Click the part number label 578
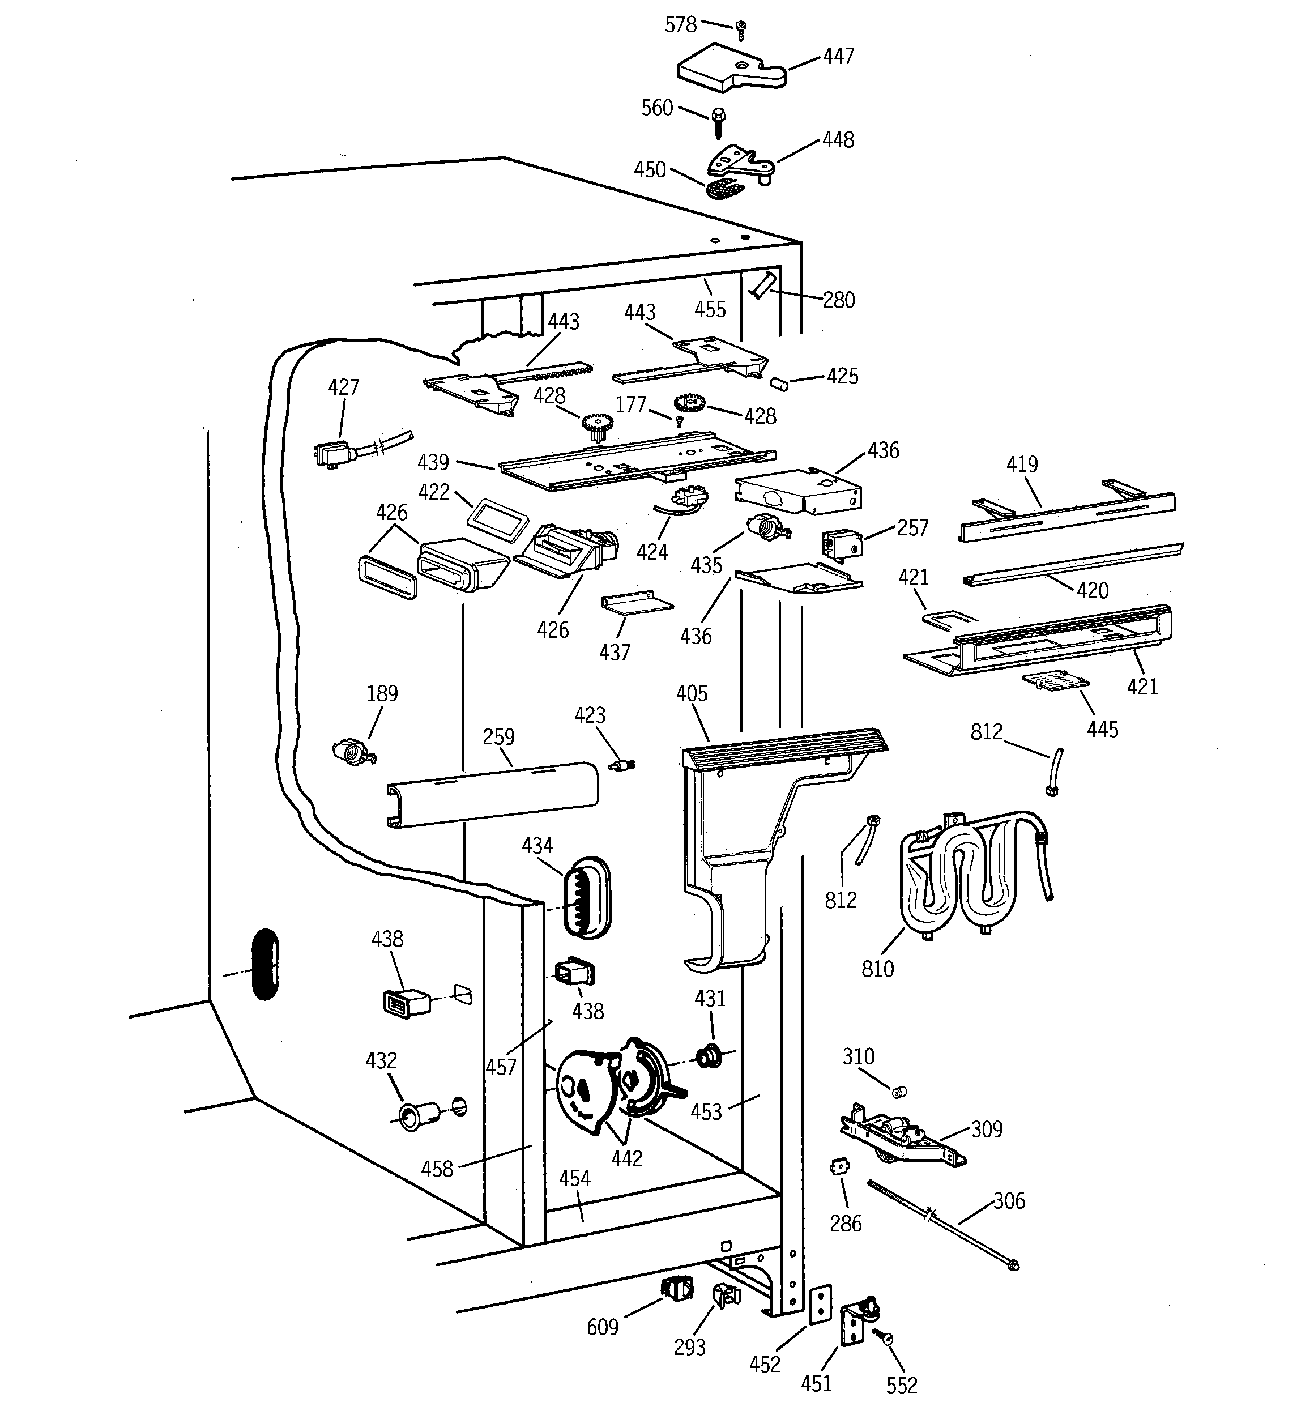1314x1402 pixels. (x=681, y=25)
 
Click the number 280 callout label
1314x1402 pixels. (x=839, y=300)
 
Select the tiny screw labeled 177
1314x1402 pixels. (x=679, y=421)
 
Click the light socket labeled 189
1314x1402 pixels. (x=352, y=752)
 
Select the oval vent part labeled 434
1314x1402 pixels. (x=586, y=897)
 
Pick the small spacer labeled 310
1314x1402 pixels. (x=899, y=1092)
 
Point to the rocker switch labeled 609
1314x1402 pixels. (x=675, y=1289)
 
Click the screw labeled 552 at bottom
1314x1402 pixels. (x=882, y=1336)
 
